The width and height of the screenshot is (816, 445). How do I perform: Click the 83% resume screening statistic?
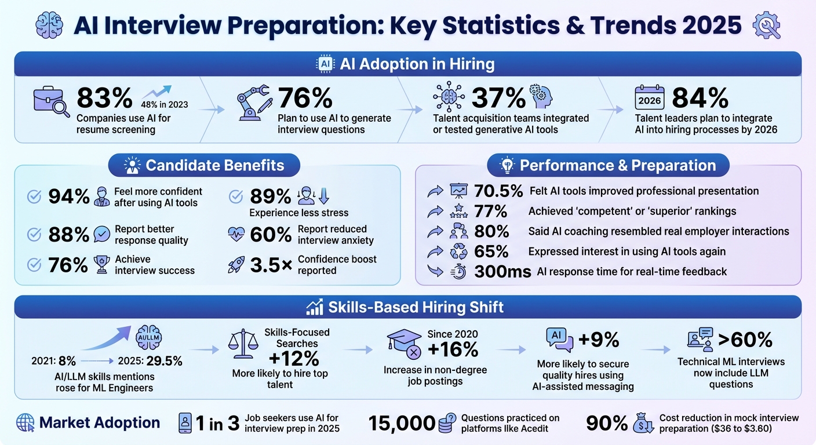104,97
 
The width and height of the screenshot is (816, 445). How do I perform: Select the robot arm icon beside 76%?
254,101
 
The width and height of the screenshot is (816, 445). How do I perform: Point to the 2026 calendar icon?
650,99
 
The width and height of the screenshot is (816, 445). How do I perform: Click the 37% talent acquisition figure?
498,98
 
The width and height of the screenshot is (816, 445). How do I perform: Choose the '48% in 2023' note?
165,105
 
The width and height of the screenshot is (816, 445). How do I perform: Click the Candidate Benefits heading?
214,166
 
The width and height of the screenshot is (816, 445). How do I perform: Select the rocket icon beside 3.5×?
236,265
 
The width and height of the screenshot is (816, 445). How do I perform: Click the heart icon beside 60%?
236,234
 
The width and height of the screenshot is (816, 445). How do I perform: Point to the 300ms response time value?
502,272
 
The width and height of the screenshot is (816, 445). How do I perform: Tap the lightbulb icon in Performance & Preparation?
508,166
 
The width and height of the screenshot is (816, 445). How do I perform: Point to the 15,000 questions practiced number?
402,424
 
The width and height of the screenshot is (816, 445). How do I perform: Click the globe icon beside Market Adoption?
25,423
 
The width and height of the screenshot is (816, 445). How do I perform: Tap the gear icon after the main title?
766,26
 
